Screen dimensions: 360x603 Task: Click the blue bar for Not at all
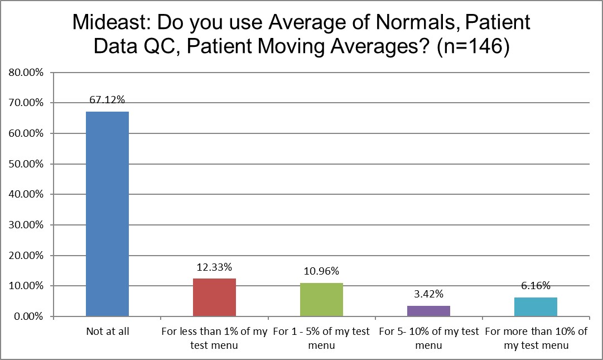(107, 214)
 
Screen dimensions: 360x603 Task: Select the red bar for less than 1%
(214, 297)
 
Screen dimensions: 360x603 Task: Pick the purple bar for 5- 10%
(428, 311)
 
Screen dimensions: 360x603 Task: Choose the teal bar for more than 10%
(536, 306)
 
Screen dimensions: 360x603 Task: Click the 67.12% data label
(107, 100)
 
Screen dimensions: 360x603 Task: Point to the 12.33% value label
(214, 267)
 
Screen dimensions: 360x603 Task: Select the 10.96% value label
(321, 271)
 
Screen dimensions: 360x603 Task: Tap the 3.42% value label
(428, 294)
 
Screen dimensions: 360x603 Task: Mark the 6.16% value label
(536, 286)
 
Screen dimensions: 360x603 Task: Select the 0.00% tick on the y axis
(27, 316)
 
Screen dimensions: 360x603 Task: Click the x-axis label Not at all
(107, 332)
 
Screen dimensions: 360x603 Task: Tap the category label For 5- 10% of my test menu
(428, 338)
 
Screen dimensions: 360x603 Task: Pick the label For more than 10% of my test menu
(536, 338)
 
